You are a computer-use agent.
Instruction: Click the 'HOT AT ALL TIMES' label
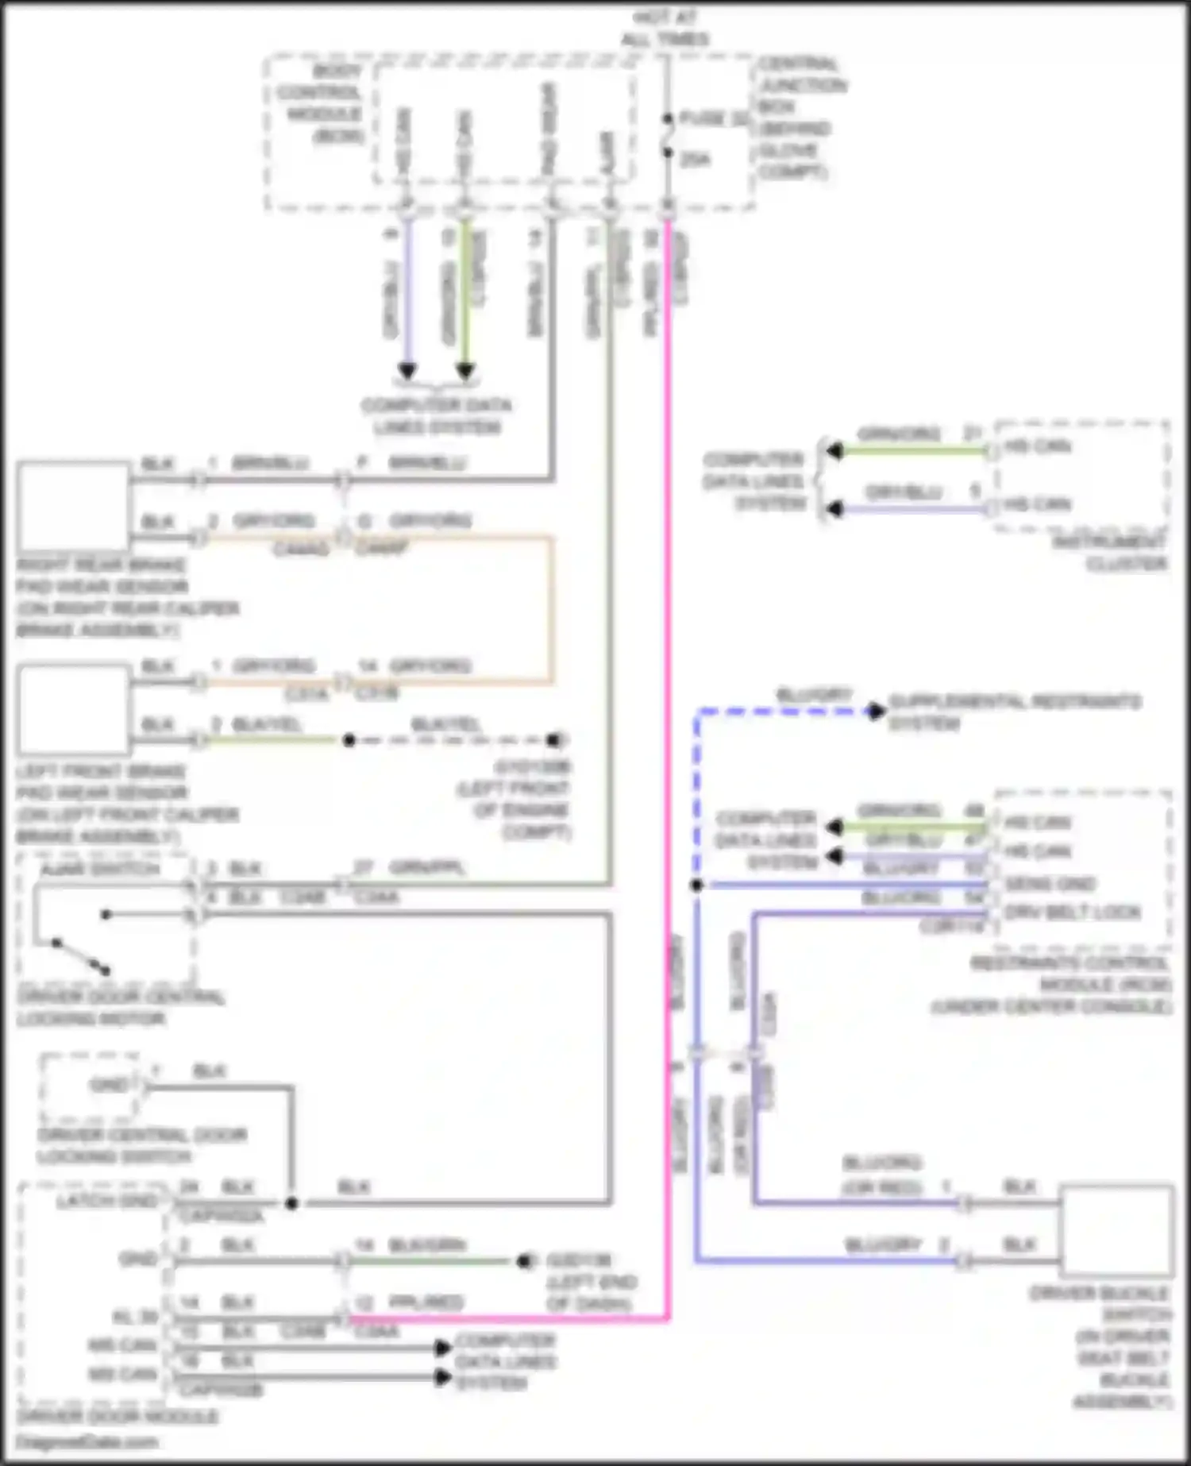click(665, 29)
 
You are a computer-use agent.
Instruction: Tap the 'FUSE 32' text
click(713, 119)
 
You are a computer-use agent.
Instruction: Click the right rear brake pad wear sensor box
click(73, 507)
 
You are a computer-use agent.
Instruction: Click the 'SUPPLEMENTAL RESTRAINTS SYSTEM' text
click(1013, 712)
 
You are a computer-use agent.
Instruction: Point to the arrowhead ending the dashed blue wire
click(875, 711)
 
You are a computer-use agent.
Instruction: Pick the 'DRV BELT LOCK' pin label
click(1072, 912)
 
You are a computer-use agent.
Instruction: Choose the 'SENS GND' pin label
click(1050, 884)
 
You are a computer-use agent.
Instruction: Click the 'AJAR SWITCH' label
click(101, 869)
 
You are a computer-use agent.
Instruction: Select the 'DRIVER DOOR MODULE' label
click(118, 1417)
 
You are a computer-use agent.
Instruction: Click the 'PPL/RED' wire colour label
click(426, 1302)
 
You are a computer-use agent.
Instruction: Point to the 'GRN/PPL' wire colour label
click(426, 868)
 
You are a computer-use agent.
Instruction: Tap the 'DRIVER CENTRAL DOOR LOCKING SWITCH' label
click(141, 1145)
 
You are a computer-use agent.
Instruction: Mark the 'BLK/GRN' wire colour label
click(427, 1244)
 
